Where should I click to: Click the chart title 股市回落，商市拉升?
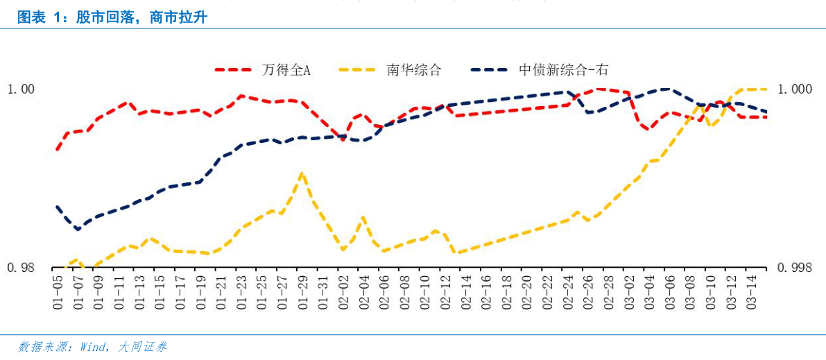coord(112,17)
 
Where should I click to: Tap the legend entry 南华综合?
coord(413,70)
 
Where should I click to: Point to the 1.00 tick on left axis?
coord(20,89)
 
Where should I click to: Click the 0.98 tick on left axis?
coord(20,268)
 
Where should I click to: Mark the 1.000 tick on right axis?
coord(794,89)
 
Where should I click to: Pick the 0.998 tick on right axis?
coord(794,268)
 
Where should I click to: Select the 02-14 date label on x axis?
coord(465,291)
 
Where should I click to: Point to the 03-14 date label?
coord(751,291)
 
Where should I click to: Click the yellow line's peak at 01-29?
coord(302,173)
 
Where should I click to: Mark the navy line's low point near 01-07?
coord(78,229)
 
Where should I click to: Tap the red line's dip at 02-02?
coord(343,139)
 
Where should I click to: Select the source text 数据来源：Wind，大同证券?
coord(92,347)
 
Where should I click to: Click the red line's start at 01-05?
coord(58,149)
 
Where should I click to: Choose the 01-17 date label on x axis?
coord(180,291)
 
